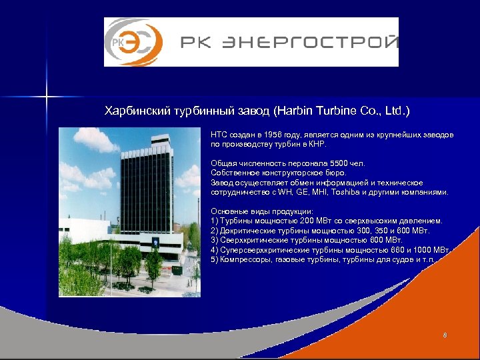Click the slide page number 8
445,334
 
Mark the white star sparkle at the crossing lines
47,97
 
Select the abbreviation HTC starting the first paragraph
219,135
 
